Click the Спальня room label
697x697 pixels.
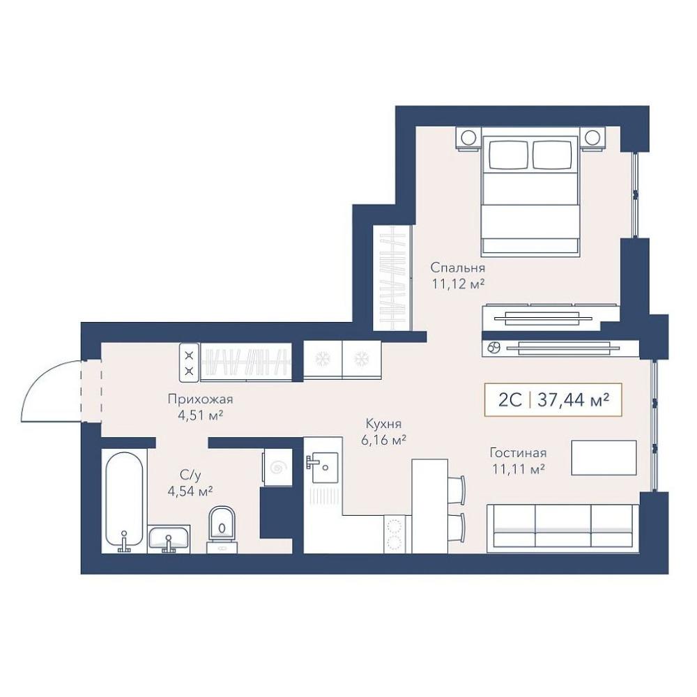coord(458,268)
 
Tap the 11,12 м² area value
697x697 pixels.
coord(458,284)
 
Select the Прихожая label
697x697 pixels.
coord(200,399)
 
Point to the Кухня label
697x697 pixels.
coord(383,423)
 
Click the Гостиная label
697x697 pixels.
coord(518,453)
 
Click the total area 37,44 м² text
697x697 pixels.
coord(573,400)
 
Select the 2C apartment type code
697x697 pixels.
coord(510,400)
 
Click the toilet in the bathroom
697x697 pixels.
coord(222,530)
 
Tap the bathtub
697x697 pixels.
coord(125,502)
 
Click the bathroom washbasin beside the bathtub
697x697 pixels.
coord(169,539)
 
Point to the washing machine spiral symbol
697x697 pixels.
coord(279,468)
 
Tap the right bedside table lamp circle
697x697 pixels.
coord(592,138)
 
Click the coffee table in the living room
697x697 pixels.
coord(604,458)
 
